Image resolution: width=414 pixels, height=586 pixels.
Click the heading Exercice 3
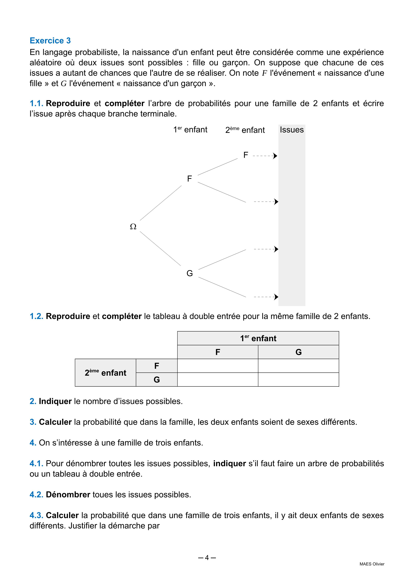(x=50, y=41)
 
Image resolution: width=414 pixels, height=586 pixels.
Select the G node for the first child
(x=190, y=273)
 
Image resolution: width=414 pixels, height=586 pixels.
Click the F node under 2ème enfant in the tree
(x=246, y=155)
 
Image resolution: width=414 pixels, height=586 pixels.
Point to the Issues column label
(x=292, y=130)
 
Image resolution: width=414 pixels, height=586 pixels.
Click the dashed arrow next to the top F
(x=265, y=156)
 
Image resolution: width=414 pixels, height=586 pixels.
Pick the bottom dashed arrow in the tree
(x=266, y=297)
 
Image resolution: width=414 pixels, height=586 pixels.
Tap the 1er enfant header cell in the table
(x=258, y=338)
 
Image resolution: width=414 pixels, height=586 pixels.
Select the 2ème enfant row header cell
(x=105, y=373)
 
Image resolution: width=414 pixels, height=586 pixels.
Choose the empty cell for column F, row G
(x=218, y=380)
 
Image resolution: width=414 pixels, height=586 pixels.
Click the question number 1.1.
(x=36, y=103)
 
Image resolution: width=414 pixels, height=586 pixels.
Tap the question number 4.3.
(x=36, y=515)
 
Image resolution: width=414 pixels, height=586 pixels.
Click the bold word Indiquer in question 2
(x=55, y=401)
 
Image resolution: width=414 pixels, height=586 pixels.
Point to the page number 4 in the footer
(x=207, y=558)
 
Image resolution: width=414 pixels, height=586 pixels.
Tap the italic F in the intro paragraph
(x=264, y=73)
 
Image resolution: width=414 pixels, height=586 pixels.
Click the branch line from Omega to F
(x=161, y=203)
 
